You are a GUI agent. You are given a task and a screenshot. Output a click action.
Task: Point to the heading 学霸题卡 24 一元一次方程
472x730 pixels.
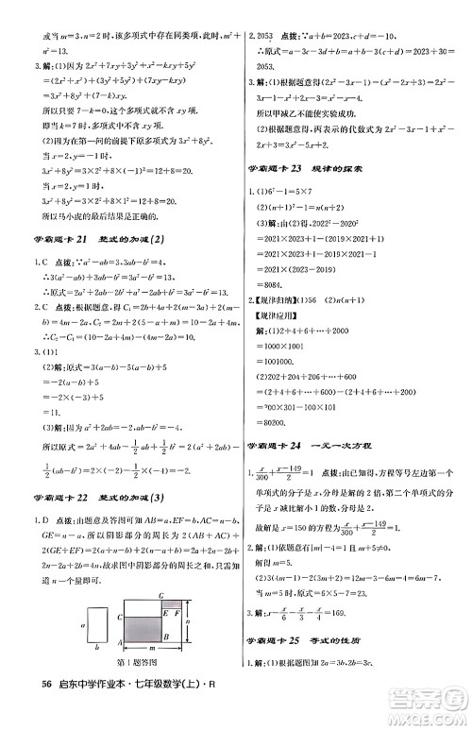[315, 444]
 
